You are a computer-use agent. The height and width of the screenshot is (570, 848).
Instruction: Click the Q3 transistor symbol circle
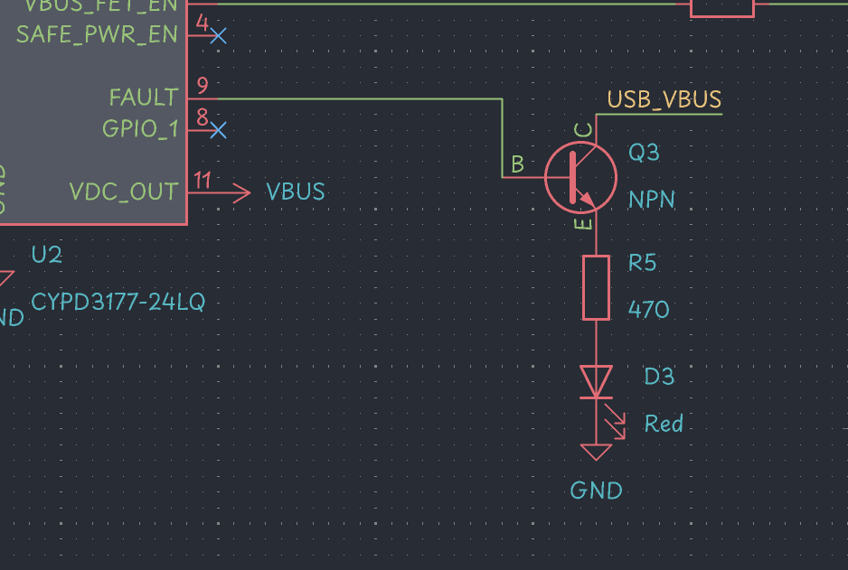pos(580,177)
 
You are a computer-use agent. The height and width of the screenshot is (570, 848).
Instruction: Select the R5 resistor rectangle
pos(596,287)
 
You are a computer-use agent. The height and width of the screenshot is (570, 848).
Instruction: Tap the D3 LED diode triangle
pos(596,380)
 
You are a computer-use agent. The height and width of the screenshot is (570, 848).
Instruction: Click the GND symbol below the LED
pos(596,452)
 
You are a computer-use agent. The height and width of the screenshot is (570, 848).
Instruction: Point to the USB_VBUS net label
pos(664,99)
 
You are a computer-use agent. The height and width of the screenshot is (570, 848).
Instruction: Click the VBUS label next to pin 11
pos(295,192)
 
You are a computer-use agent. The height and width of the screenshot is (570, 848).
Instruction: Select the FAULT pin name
pos(143,97)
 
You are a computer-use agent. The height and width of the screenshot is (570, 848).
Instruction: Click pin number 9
pos(203,86)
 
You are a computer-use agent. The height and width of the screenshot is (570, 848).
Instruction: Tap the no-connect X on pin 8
pos(217,130)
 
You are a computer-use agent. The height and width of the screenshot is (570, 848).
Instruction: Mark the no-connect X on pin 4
pos(217,35)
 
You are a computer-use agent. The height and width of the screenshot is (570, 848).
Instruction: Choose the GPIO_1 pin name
pos(140,129)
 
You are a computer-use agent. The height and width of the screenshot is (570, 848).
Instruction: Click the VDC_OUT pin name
pos(124,192)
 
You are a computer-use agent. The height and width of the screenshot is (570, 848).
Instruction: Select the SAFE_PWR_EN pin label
pos(97,35)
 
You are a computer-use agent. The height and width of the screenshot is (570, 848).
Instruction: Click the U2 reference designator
pos(46,255)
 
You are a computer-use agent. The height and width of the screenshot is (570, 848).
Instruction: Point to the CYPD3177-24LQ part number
pos(118,302)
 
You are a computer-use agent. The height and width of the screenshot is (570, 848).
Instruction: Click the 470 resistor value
pos(648,310)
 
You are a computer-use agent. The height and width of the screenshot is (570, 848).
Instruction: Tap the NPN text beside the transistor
pos(652,200)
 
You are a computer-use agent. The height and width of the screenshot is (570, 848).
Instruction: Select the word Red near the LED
pos(664,423)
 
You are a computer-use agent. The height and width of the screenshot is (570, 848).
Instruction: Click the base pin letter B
pos(517,164)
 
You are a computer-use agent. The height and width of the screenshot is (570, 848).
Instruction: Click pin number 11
pos(203,180)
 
